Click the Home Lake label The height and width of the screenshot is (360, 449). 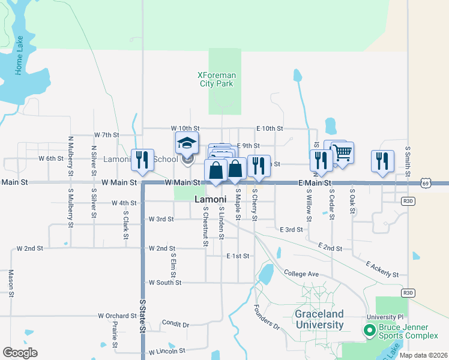click(19, 56)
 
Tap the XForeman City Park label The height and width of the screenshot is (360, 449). click(217, 79)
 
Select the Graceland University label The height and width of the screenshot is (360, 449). click(319, 319)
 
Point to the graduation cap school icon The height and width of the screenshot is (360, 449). click(187, 143)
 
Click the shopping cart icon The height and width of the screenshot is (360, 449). click(342, 152)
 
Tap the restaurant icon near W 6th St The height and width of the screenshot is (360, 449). click(142, 160)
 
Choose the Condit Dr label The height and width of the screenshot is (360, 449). click(175, 323)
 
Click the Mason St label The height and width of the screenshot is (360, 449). click(11, 283)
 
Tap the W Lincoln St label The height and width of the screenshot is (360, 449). click(168, 352)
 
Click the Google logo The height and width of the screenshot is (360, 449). click(20, 352)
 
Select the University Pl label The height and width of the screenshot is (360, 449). click(385, 317)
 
